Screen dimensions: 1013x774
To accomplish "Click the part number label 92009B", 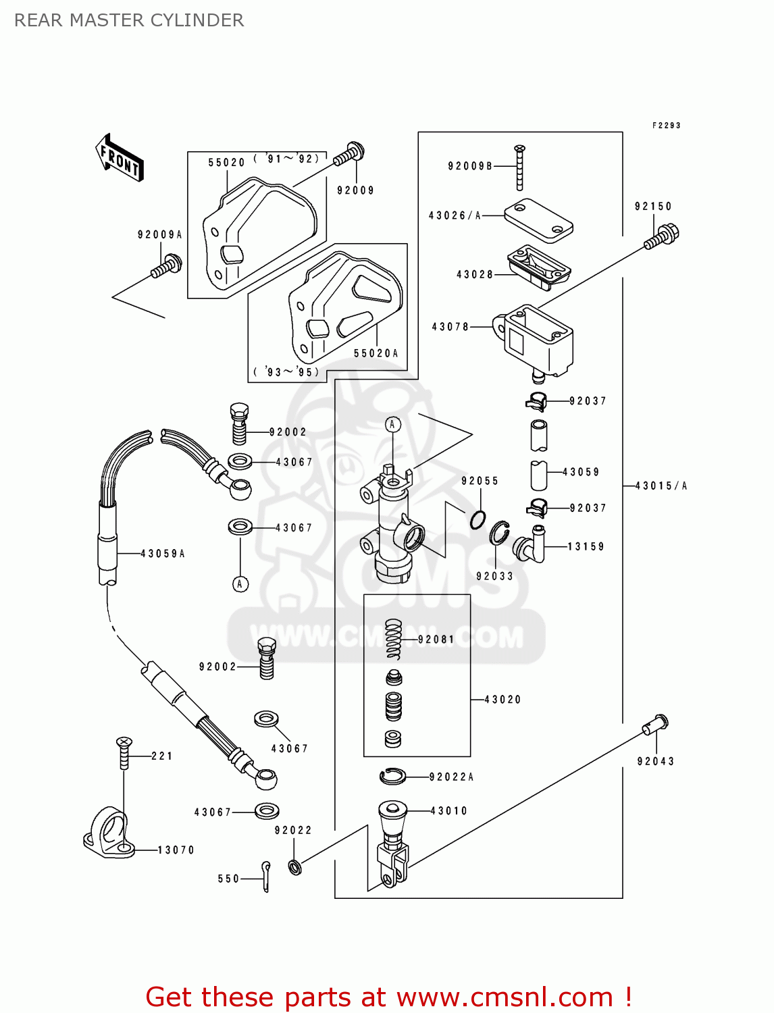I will [x=470, y=166].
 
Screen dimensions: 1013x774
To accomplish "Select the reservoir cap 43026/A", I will [x=538, y=220].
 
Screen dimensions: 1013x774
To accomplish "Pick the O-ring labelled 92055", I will [x=478, y=519].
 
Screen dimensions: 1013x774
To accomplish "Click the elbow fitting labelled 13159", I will [x=531, y=544].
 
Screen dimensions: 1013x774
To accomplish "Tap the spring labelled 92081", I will [x=394, y=639].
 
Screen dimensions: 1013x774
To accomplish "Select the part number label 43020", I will [x=503, y=700].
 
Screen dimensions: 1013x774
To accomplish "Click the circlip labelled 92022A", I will [x=392, y=777].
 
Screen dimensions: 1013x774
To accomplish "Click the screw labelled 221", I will [x=124, y=752].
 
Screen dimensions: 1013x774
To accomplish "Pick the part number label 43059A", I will [x=163, y=554].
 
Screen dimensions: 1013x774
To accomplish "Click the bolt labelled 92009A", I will [x=166, y=265].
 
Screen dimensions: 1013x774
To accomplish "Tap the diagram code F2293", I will [x=666, y=126].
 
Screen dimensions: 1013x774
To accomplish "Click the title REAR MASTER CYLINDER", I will [x=129, y=20].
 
